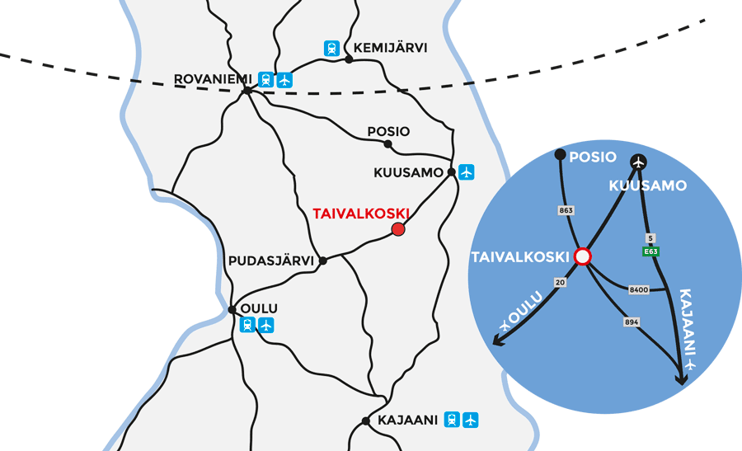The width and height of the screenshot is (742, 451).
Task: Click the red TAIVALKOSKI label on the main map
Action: point(361,213)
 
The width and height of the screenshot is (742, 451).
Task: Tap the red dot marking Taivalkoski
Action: point(398,229)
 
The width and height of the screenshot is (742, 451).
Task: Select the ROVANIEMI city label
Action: point(213,79)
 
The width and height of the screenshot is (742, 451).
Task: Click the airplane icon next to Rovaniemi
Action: point(285,80)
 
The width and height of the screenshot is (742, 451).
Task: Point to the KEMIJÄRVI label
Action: point(390,48)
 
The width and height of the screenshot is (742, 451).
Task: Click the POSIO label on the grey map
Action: point(388,131)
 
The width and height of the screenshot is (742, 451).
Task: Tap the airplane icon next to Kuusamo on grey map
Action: point(467,171)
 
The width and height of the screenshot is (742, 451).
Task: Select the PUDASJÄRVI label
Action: point(270,261)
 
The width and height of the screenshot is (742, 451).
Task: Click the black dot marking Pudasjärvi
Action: point(323,261)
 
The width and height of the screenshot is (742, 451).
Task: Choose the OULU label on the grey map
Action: point(259,308)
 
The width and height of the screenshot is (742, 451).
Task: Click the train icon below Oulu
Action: point(247,325)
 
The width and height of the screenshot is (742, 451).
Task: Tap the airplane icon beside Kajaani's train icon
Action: point(470,420)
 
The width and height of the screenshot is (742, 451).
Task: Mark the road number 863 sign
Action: point(566,210)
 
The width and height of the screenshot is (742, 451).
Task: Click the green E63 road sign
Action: point(650,252)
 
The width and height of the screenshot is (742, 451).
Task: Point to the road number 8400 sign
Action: point(638,289)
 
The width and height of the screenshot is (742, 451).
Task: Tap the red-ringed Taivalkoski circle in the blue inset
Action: point(583,256)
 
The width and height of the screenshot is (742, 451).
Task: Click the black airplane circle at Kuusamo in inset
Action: point(638,161)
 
